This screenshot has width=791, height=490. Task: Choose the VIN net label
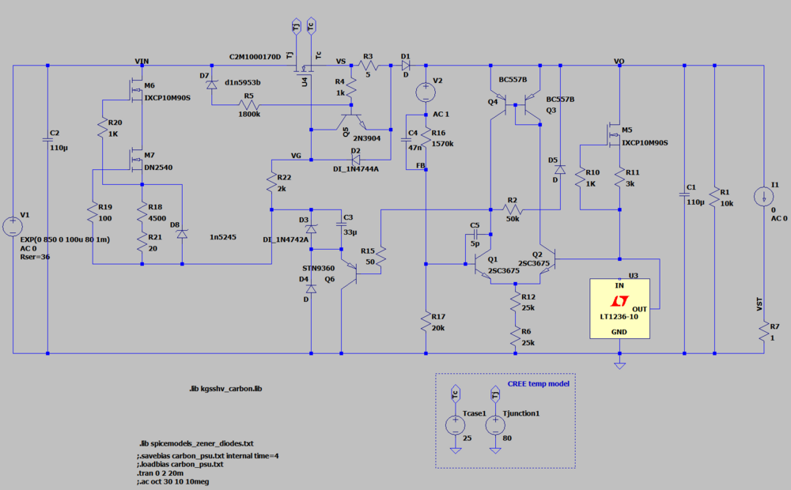142,61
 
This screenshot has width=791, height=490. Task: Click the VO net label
619,61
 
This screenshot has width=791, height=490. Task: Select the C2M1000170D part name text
255,58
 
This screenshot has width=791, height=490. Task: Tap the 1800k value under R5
249,113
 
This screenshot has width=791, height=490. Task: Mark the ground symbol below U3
619,364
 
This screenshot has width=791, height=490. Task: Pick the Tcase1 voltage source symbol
455,425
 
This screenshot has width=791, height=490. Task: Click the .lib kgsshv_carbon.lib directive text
225,390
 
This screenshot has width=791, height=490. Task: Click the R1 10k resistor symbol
714,196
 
